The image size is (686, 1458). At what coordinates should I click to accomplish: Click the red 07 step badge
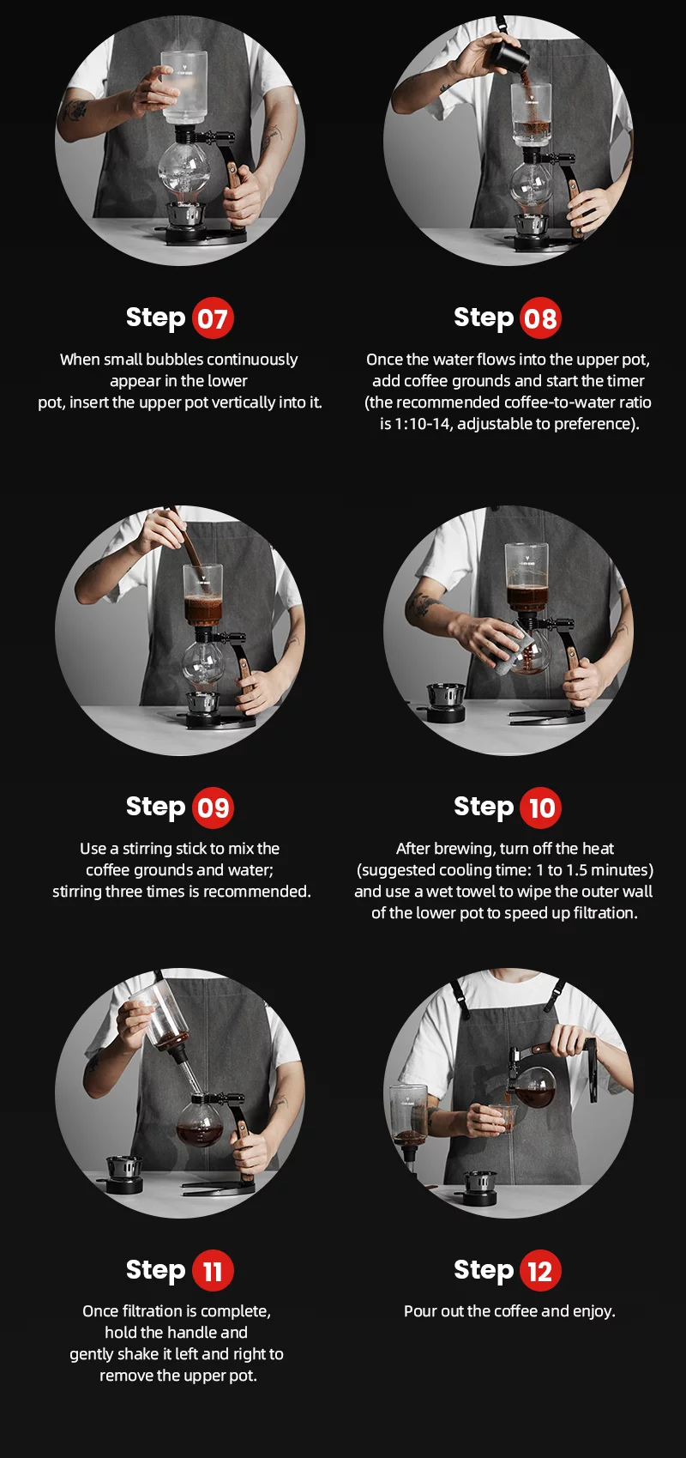[213, 318]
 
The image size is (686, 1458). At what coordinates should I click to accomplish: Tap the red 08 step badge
[540, 318]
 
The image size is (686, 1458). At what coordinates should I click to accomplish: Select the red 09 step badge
[213, 808]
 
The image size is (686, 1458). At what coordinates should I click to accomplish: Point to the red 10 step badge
[540, 808]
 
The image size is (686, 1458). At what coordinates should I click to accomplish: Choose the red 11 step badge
[213, 1271]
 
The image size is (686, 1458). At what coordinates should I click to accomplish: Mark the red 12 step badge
[540, 1271]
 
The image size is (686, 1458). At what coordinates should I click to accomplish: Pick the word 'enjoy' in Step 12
[592, 1311]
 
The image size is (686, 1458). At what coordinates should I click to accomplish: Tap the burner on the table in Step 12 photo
[479, 1187]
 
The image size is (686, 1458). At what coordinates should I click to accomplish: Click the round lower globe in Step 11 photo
[201, 1120]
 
